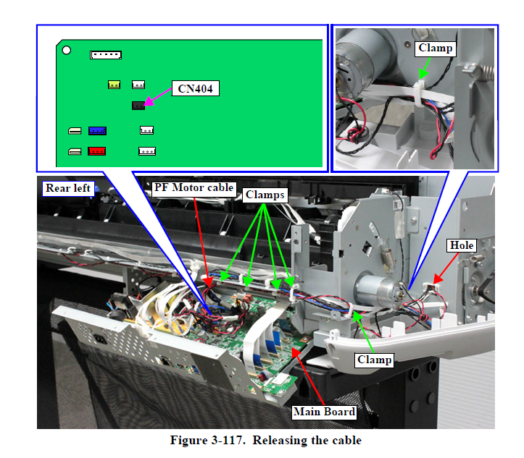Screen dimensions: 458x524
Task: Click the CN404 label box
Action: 195,89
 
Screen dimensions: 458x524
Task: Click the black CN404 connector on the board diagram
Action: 138,105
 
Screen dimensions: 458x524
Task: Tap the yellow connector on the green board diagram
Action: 114,85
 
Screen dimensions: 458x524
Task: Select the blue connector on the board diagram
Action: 97,131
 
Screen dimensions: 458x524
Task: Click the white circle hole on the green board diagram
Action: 66,51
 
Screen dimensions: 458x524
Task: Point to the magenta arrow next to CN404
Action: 157,97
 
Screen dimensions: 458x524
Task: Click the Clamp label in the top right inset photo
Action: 435,48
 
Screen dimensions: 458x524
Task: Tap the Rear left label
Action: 68,188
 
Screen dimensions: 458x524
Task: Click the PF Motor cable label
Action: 194,187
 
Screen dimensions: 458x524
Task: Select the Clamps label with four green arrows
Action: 264,195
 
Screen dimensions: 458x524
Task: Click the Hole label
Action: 462,245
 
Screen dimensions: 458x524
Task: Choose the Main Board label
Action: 323,412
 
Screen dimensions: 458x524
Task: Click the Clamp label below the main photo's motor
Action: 375,359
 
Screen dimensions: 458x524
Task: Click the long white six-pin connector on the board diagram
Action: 106,55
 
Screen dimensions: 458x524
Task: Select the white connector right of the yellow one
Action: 138,85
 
